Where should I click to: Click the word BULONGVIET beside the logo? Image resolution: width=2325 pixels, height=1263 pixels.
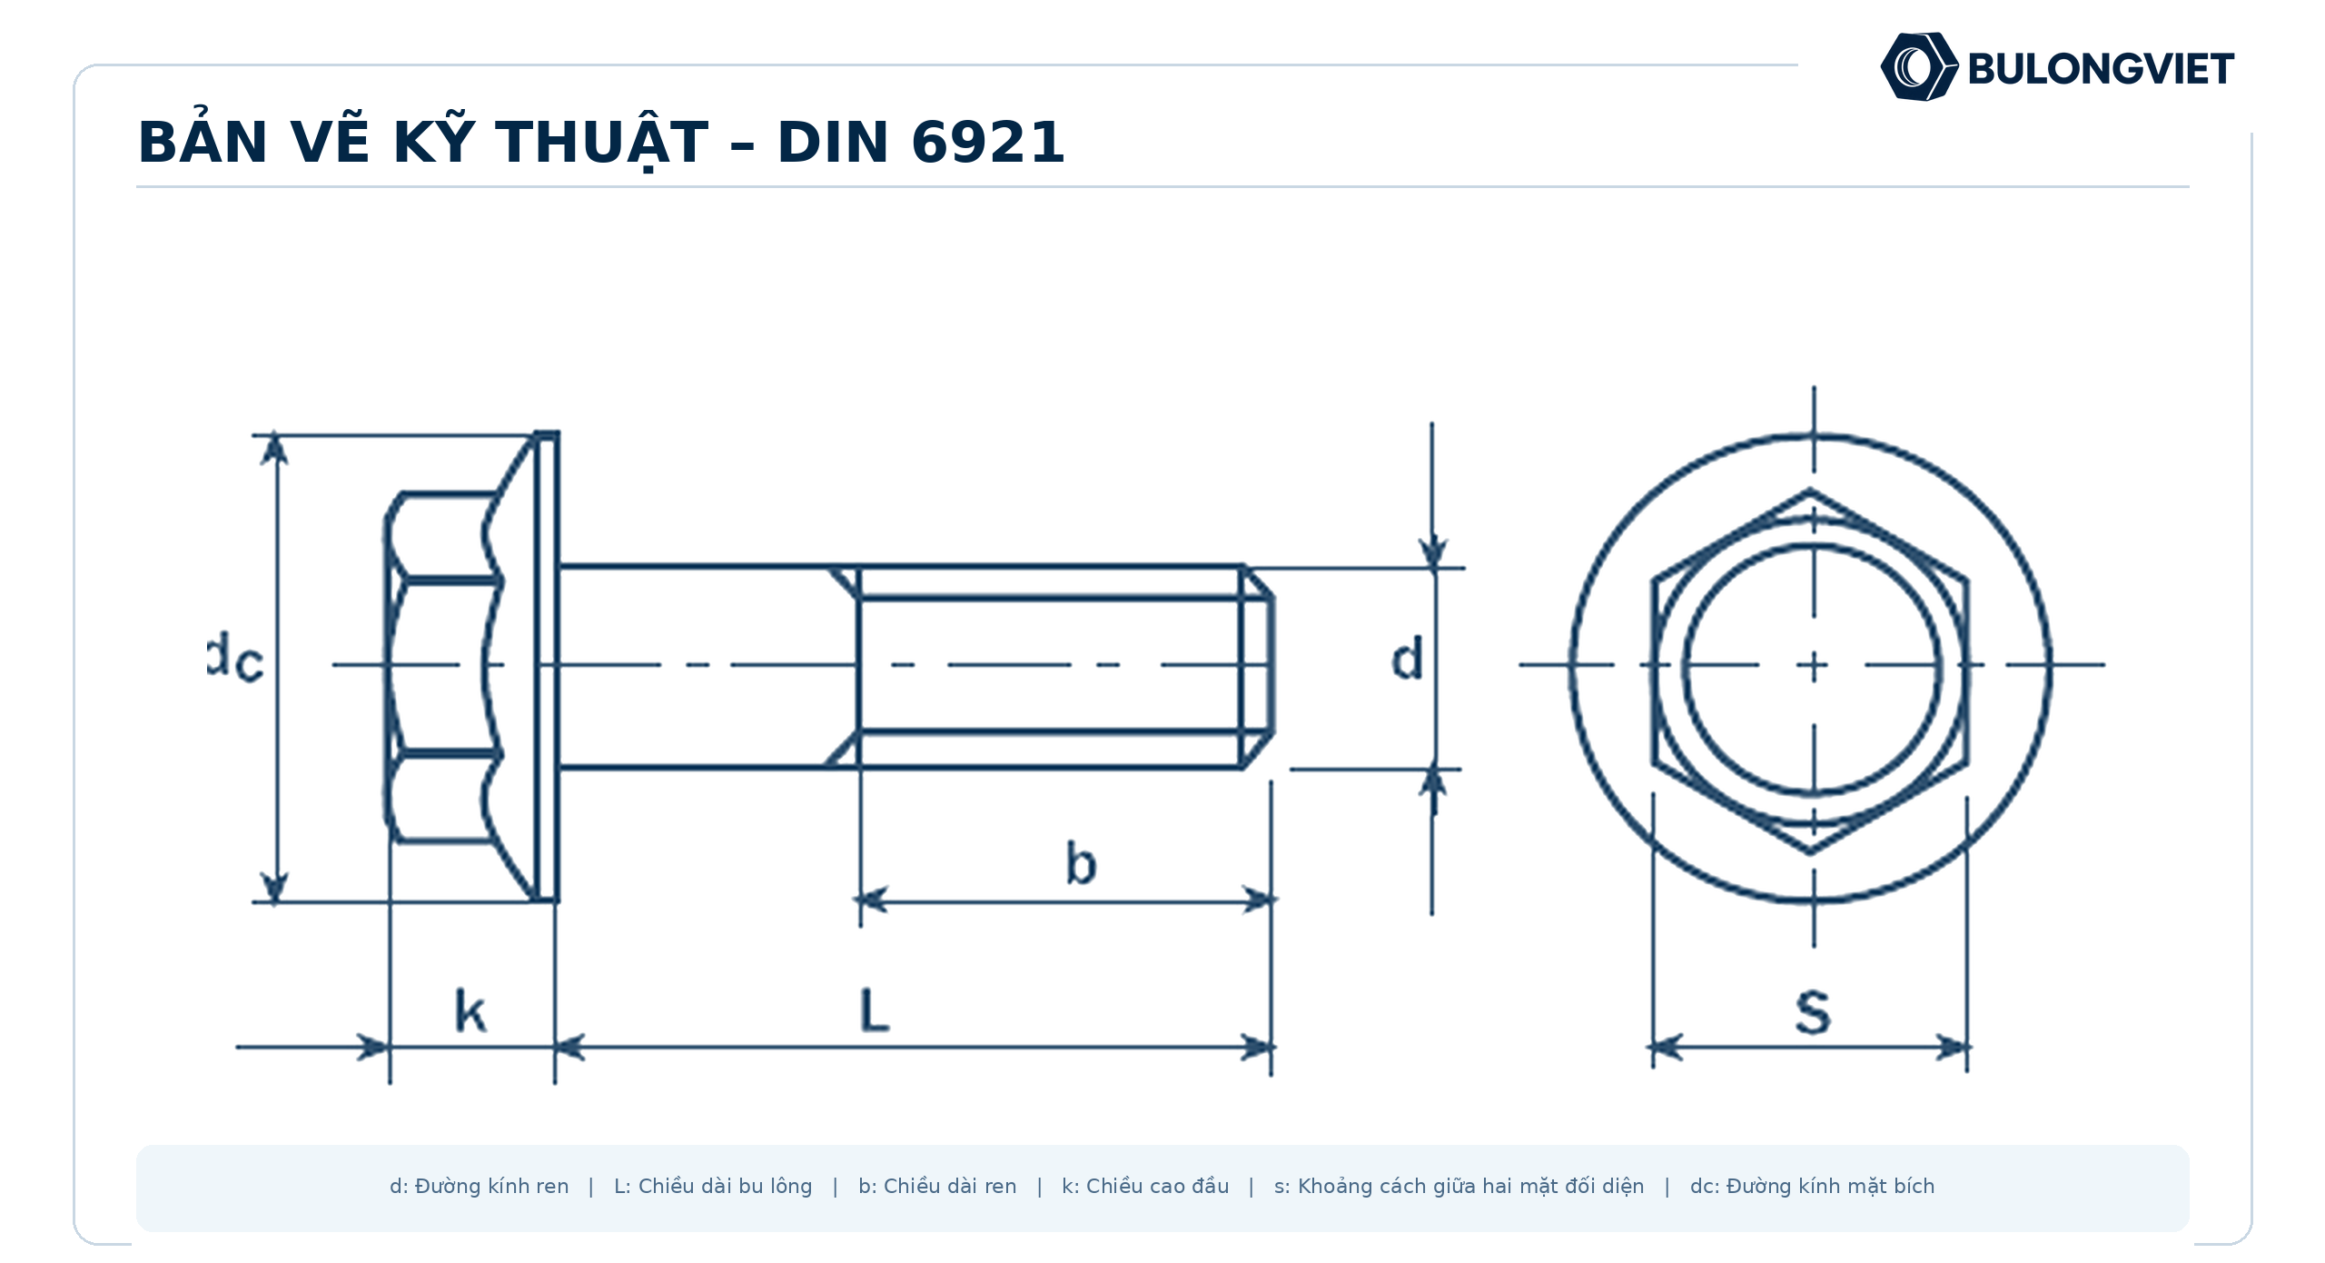click(x=2101, y=69)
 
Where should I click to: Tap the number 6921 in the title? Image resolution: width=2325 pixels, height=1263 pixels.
click(x=988, y=143)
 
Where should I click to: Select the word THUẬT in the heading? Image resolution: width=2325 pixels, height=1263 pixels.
click(x=601, y=143)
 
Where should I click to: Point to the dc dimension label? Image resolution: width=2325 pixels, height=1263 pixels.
click(x=235, y=659)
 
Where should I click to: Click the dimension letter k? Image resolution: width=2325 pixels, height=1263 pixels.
click(x=470, y=1011)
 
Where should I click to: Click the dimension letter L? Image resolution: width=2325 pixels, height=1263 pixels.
click(x=875, y=1010)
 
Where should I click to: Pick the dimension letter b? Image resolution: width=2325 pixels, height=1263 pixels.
click(x=1081, y=863)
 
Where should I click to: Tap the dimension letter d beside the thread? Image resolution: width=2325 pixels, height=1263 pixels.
click(x=1407, y=659)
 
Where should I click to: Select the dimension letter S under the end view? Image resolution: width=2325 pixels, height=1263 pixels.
click(x=1813, y=1012)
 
